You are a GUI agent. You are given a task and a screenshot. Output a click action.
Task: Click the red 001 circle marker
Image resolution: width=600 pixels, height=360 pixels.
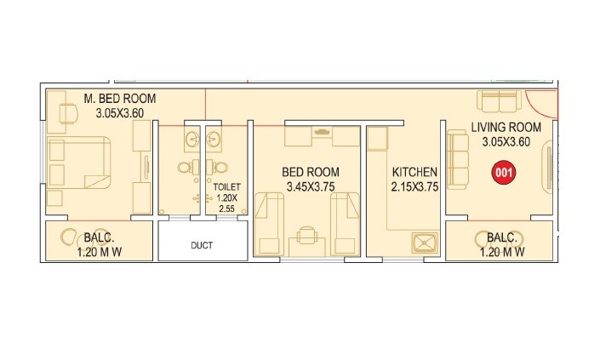[503, 173]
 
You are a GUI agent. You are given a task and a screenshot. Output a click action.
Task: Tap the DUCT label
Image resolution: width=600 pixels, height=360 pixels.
[202, 246]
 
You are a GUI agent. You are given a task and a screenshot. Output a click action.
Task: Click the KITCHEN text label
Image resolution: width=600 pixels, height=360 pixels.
[414, 173]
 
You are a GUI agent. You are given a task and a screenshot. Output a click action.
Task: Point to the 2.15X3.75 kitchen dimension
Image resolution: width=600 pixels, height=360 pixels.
[414, 187]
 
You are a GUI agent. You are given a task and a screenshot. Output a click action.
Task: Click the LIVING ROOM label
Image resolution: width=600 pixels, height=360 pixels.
[506, 128]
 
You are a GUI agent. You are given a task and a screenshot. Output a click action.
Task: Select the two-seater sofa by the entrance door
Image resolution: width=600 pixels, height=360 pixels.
[500, 100]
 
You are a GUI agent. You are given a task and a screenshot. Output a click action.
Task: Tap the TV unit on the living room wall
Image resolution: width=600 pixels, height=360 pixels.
[546, 167]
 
